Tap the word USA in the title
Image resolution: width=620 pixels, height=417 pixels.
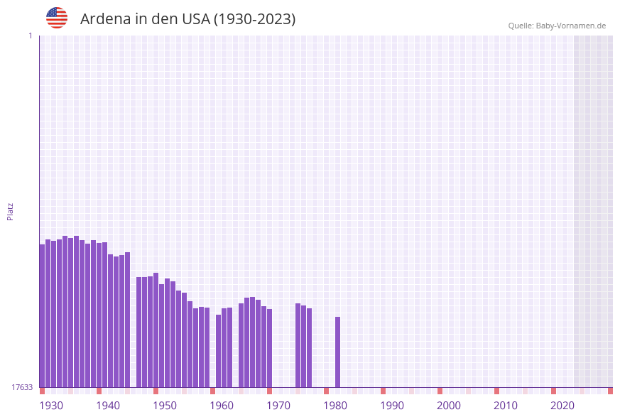click(196, 19)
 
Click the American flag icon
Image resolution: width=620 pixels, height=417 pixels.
click(57, 18)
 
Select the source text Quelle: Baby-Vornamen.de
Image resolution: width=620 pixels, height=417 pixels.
click(557, 26)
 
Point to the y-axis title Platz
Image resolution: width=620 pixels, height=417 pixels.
click(11, 211)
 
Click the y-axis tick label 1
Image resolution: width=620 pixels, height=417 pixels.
click(30, 36)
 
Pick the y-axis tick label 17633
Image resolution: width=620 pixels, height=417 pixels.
click(22, 387)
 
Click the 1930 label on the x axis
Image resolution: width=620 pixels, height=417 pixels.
click(51, 406)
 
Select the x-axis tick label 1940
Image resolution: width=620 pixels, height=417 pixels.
click(108, 406)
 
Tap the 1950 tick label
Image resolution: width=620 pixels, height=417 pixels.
click(165, 406)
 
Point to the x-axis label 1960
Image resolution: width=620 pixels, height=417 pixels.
click(222, 406)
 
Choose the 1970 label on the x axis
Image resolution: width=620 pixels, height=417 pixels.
click(278, 406)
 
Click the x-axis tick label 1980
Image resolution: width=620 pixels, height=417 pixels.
click(335, 406)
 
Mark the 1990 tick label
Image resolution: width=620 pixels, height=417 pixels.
click(392, 406)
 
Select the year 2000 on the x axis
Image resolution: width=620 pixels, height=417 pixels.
click(449, 406)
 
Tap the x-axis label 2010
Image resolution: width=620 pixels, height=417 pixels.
click(506, 406)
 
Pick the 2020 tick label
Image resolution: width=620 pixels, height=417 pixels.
click(562, 406)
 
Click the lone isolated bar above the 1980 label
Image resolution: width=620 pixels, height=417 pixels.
click(338, 352)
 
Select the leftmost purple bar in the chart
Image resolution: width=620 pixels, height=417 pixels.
click(42, 315)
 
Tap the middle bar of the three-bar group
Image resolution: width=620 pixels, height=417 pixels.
click(304, 346)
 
